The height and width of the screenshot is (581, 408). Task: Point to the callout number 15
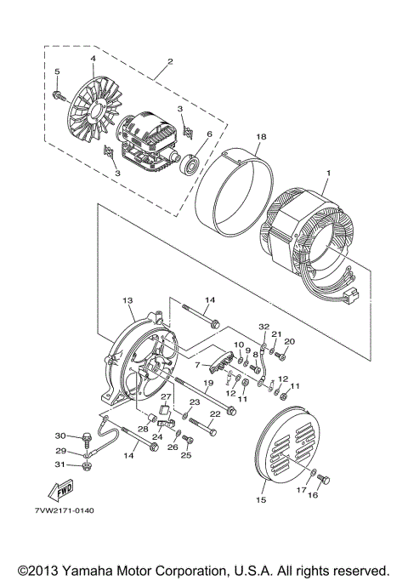[262, 500]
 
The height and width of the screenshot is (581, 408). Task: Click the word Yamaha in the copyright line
[117, 568]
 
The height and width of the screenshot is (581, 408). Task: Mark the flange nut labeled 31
[88, 466]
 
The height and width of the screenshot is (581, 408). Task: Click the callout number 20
[289, 341]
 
